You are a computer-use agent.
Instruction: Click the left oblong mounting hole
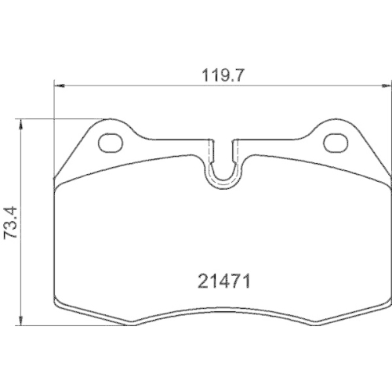point(112,142)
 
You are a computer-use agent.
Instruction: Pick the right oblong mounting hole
point(335,142)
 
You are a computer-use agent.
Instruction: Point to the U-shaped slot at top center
point(223,161)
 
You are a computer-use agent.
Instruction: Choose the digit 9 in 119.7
point(220,76)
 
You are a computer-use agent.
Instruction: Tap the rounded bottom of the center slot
point(223,183)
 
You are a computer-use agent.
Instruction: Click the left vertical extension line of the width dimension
point(53,118)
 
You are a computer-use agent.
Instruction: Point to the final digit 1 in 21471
point(246,280)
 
